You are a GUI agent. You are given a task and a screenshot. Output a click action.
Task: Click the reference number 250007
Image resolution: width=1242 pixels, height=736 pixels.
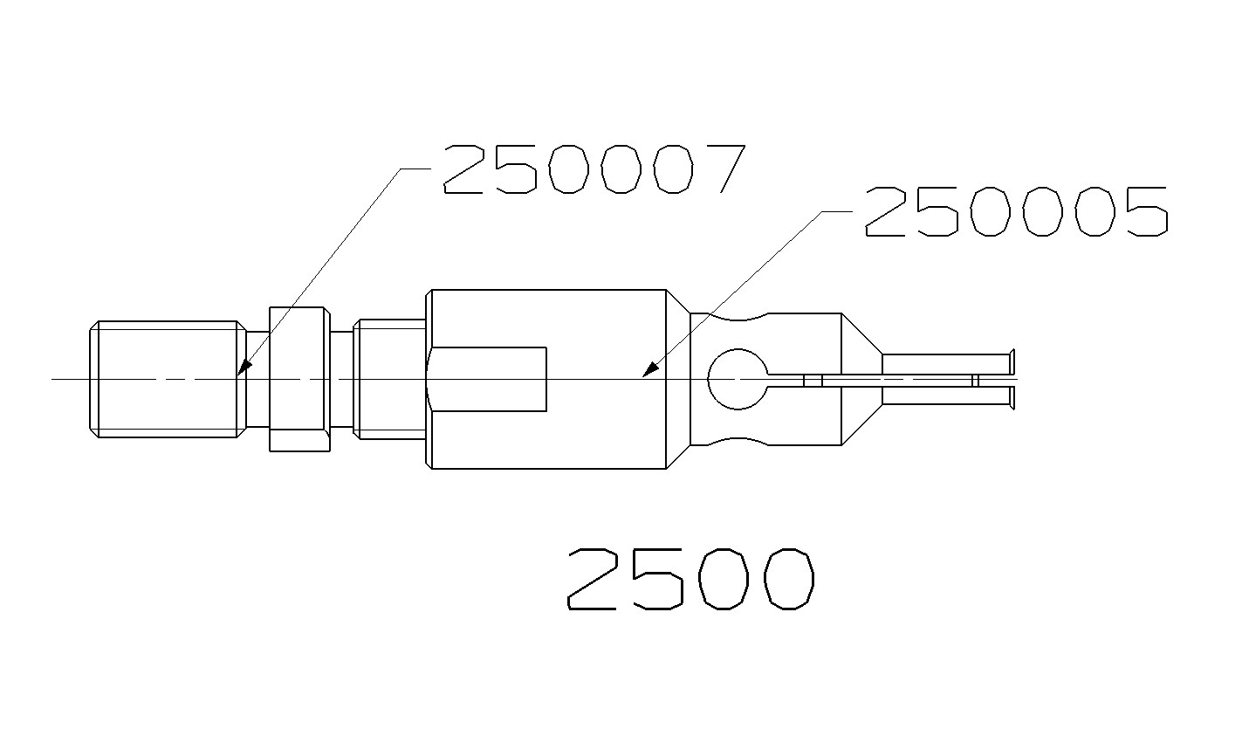click(594, 169)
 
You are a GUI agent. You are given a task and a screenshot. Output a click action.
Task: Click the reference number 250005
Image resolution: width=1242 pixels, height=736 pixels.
click(1015, 212)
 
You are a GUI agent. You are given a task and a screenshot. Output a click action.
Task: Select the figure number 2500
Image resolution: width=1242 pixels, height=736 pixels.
click(690, 580)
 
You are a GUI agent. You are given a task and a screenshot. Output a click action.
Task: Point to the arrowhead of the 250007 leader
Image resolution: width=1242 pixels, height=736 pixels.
click(242, 370)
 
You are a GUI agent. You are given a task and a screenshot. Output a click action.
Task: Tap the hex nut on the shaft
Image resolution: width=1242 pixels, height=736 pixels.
click(299, 379)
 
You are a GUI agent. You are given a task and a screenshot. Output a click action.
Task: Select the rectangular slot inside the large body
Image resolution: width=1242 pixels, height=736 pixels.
click(489, 379)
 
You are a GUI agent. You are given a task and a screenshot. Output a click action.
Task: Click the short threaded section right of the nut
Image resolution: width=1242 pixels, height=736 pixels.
click(389, 379)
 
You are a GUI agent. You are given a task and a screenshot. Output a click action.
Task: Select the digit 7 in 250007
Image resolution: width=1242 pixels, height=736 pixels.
click(721, 169)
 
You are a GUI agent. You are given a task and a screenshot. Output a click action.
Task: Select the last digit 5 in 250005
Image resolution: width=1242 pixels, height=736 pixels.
click(1143, 212)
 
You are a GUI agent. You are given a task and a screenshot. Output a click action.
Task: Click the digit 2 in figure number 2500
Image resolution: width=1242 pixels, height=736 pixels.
click(597, 580)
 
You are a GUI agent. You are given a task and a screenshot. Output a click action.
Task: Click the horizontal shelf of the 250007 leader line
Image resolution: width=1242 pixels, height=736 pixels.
click(417, 168)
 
